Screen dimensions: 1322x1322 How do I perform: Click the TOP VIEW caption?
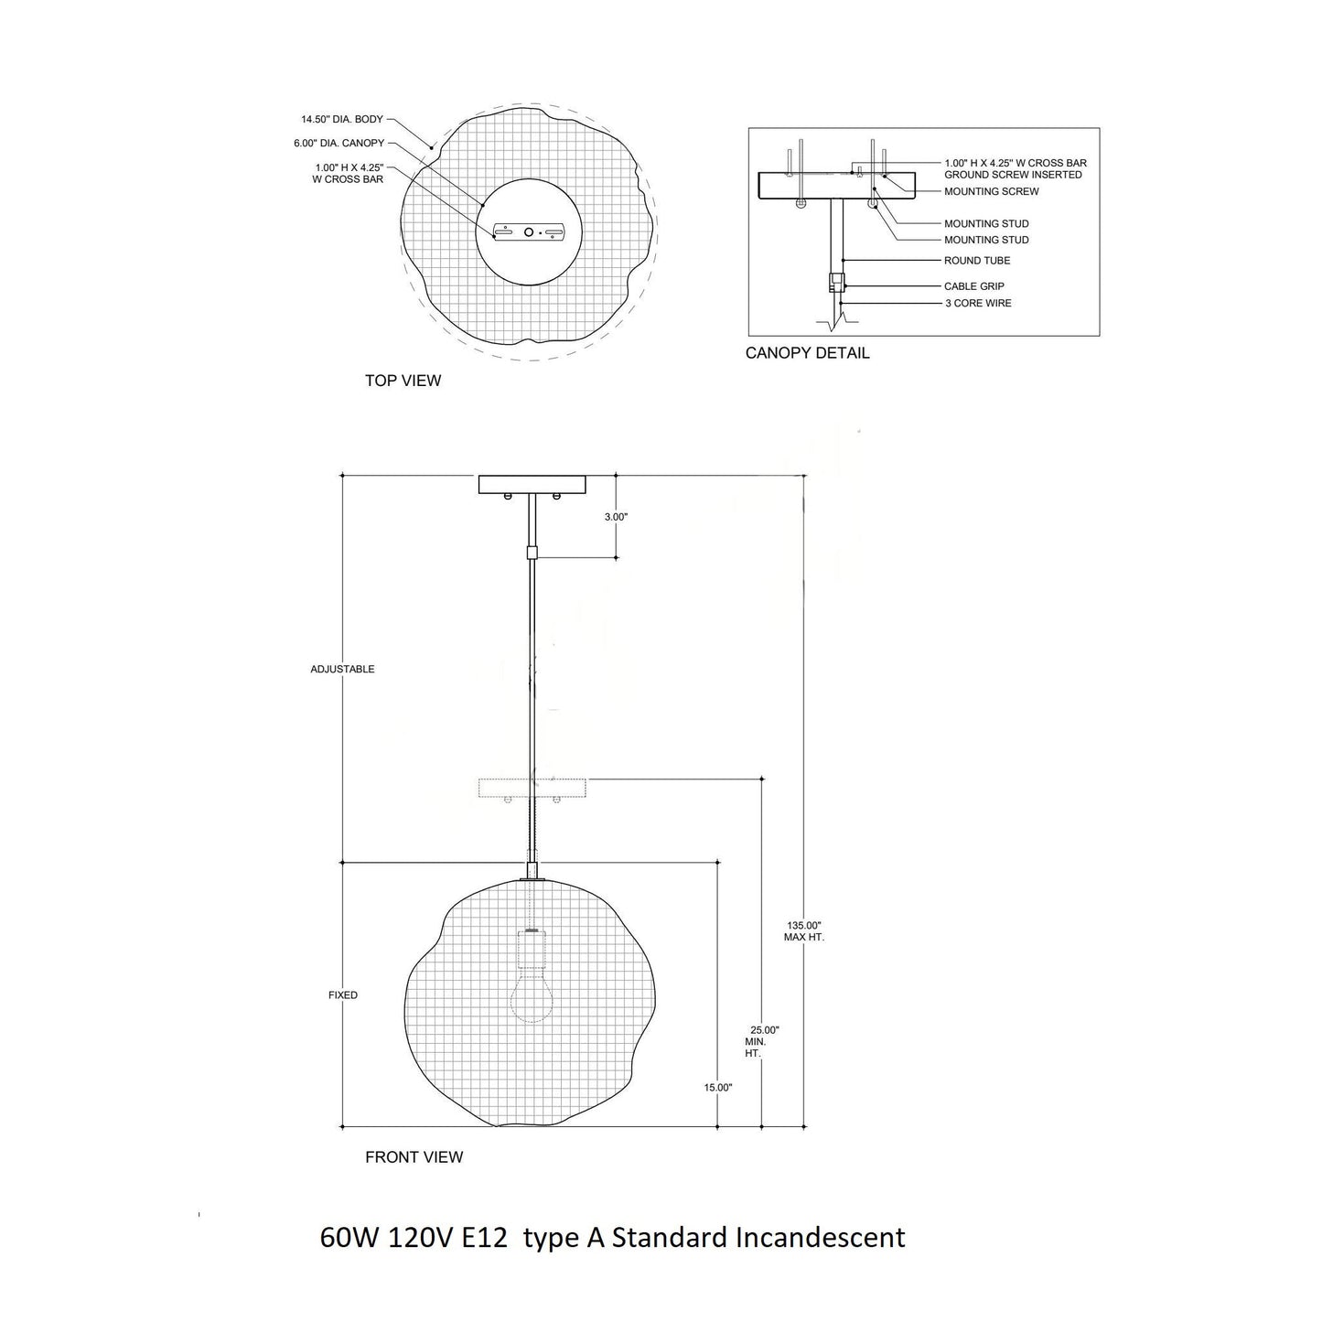403,381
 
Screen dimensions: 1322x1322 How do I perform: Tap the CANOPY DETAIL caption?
807,353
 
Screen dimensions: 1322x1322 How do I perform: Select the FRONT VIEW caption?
414,1157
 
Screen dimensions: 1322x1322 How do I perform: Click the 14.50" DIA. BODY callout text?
342,120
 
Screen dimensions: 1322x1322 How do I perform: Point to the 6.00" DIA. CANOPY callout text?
339,144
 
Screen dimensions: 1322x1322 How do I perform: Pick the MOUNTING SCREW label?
991,192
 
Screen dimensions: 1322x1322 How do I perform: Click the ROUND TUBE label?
977,261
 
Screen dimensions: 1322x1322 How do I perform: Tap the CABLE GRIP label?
973,286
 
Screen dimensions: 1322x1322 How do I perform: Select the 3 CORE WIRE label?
978,303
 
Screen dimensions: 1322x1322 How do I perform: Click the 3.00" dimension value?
616,517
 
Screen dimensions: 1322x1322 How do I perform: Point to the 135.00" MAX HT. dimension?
804,931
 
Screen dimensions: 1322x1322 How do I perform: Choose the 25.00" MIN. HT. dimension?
763,1041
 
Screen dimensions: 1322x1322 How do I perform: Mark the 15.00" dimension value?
718,1088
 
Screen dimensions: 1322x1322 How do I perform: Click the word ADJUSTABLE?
342,670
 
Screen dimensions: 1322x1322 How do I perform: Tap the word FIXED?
343,995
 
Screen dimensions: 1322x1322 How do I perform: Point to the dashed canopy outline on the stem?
532,788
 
